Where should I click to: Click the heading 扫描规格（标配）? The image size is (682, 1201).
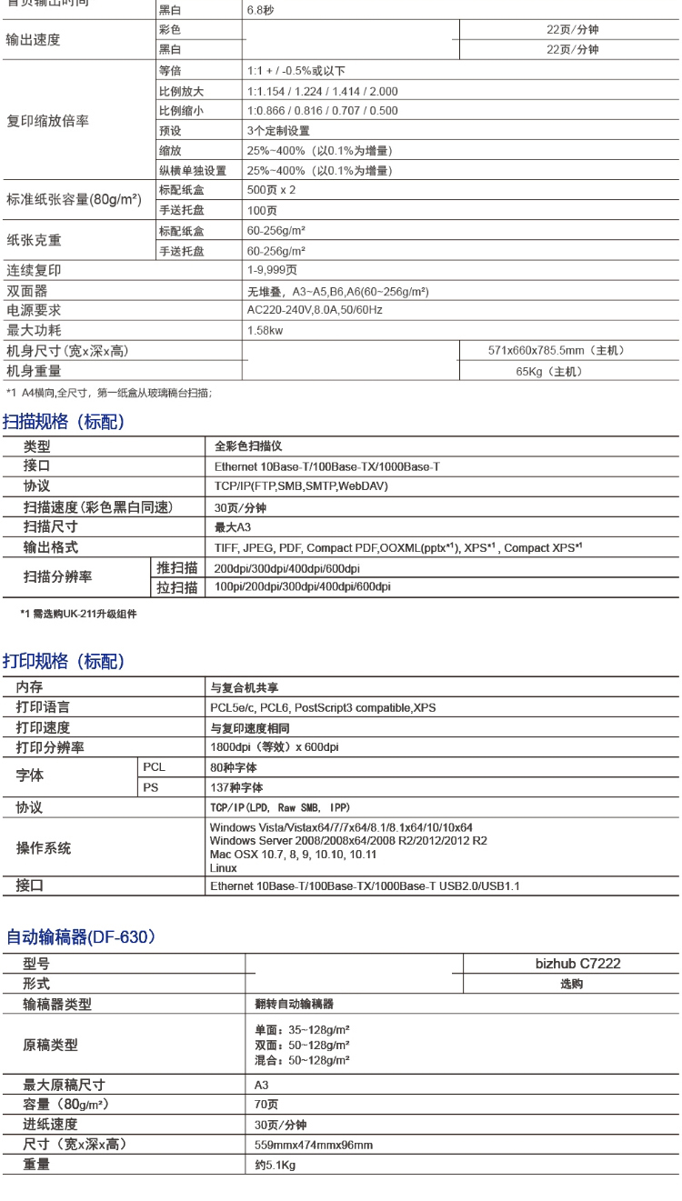tap(64, 422)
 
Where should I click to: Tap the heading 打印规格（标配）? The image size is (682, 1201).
tap(64, 661)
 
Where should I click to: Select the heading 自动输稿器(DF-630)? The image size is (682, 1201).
tap(81, 936)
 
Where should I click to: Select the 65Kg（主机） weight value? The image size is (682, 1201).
tap(549, 371)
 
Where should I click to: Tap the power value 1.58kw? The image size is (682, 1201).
tap(265, 330)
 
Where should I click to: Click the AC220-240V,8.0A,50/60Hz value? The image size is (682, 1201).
tap(315, 310)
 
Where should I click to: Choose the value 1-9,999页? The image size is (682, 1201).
tap(272, 270)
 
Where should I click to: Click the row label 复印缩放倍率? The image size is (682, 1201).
tap(48, 121)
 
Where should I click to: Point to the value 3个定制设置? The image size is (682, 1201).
tap(278, 131)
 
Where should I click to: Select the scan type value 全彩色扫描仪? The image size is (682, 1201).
tap(248, 446)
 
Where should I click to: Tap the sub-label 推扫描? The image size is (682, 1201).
tap(177, 568)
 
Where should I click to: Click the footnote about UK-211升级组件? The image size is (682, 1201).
tap(78, 614)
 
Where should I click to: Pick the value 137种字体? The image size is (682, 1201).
tap(236, 787)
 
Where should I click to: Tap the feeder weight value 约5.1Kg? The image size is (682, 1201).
tap(275, 1165)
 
